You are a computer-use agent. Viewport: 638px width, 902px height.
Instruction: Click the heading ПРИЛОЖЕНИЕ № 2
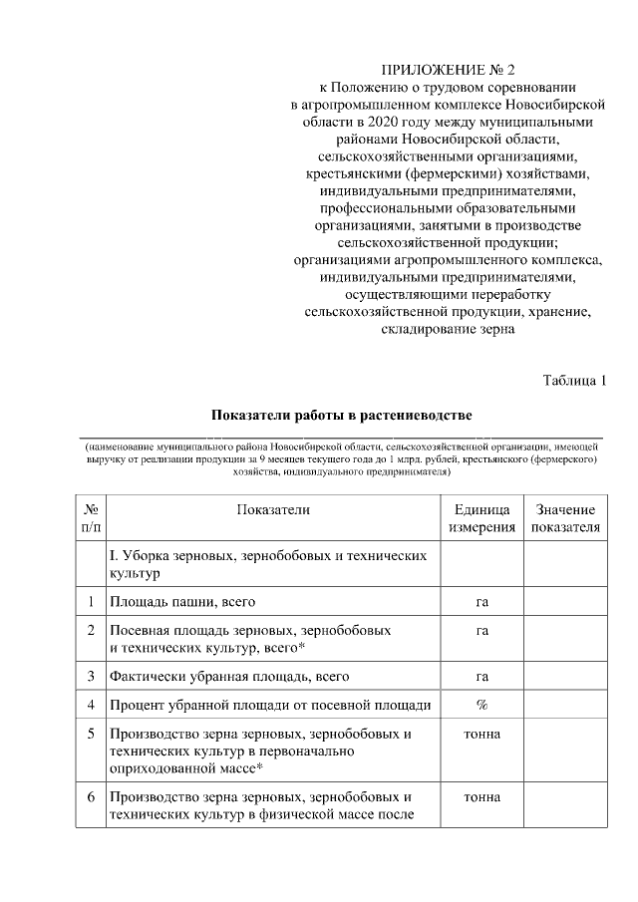(x=448, y=70)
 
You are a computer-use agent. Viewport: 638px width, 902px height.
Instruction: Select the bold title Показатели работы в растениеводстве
(x=341, y=414)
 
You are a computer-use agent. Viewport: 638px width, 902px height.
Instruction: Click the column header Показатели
(x=273, y=509)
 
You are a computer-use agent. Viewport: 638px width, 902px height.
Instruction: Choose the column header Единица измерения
(x=481, y=518)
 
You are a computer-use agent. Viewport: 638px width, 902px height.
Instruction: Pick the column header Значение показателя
(x=565, y=518)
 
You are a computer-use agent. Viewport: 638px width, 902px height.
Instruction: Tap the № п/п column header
(x=91, y=518)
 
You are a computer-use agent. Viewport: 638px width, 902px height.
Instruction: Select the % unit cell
(x=481, y=705)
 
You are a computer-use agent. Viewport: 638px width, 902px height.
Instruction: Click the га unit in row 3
(x=481, y=677)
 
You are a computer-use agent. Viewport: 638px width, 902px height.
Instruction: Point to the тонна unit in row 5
(x=481, y=735)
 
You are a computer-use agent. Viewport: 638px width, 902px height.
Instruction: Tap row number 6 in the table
(x=91, y=797)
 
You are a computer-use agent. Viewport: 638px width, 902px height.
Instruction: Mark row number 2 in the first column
(x=91, y=630)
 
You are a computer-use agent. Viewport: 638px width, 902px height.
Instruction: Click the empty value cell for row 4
(x=565, y=705)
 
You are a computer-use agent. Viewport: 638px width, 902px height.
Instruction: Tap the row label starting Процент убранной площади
(x=271, y=705)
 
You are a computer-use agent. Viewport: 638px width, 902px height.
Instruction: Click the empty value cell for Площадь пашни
(x=565, y=601)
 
